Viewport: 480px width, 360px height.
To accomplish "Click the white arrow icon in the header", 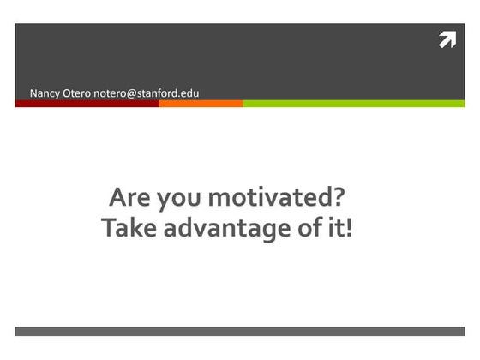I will [447, 39].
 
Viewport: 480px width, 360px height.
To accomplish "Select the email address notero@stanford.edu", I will [147, 92].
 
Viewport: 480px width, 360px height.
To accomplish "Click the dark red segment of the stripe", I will [86, 103].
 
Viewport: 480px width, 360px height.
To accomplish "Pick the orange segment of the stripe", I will [201, 103].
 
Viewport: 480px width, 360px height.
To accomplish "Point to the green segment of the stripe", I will [353, 103].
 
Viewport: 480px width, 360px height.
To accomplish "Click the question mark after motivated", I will [338, 198].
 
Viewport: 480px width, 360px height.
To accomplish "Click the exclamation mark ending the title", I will [348, 229].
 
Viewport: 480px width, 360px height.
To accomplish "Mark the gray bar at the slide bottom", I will [240, 331].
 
